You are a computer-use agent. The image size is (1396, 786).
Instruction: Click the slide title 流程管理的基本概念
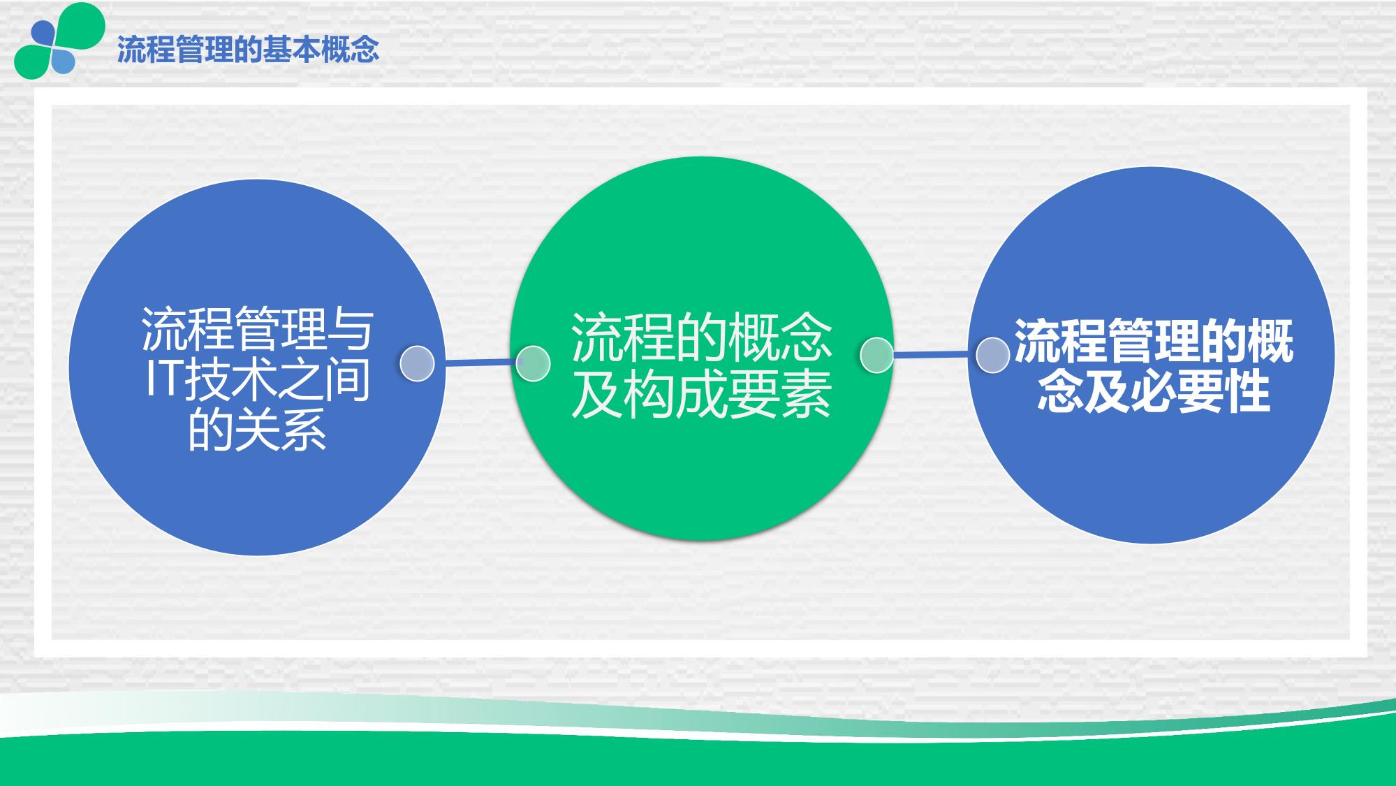tap(248, 50)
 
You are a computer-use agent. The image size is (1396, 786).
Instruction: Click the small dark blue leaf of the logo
tap(43, 32)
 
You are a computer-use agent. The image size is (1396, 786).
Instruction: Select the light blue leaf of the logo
tap(61, 61)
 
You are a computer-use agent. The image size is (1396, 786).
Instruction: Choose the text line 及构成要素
tap(702, 393)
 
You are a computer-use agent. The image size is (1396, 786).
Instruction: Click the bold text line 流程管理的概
tap(1153, 342)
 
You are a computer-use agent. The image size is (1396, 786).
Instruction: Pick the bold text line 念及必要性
tap(1153, 391)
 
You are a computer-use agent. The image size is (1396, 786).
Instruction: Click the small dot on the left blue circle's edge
tap(417, 363)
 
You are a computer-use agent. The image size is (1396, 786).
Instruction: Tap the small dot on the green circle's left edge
tap(533, 363)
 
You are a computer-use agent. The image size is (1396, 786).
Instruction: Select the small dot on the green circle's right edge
tap(876, 356)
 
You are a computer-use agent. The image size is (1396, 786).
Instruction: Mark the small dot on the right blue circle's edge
tap(992, 356)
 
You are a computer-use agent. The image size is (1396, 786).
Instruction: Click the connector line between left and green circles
tap(478, 363)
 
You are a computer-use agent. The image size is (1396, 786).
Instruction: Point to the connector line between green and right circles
tap(934, 355)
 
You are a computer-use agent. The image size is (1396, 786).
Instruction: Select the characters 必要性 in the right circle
tap(1200, 391)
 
